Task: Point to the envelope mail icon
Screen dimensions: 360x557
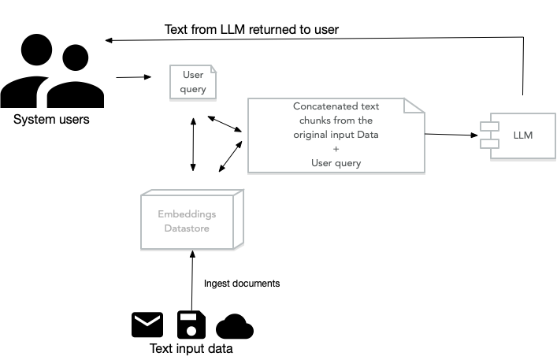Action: click(147, 325)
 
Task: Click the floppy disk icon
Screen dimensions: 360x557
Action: click(191, 325)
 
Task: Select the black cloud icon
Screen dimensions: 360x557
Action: click(234, 326)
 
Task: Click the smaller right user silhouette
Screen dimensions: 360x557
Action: click(76, 79)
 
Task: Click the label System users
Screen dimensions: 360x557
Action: click(51, 121)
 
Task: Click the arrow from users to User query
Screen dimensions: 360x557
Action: click(134, 77)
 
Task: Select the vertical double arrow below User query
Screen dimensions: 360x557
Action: click(193, 145)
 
